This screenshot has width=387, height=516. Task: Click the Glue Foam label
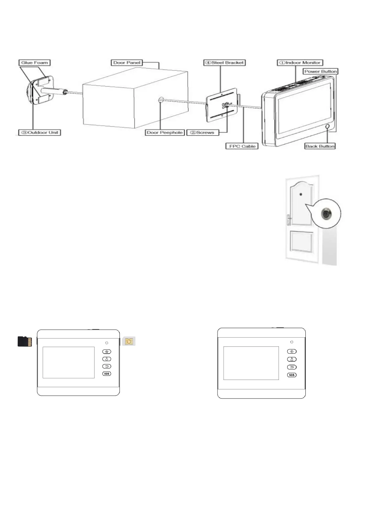pos(34,63)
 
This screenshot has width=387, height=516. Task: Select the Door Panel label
pos(127,63)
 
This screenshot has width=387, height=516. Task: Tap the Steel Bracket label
pos(224,63)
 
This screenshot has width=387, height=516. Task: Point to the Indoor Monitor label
pos(300,63)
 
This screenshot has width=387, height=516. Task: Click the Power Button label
pos(320,71)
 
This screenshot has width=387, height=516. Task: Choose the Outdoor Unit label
pos(40,132)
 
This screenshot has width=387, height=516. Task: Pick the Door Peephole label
pos(164,132)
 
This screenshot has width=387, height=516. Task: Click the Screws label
pos(203,132)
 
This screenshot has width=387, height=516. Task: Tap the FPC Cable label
pos(242,146)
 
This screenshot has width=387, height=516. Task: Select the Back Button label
pos(320,146)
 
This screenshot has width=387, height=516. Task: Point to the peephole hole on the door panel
pos(161,100)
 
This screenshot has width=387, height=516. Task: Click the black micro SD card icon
pos(25,341)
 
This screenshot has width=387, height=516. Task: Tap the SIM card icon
pos(129,341)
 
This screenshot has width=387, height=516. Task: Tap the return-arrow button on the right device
pos(292,367)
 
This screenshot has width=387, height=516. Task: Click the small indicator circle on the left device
pos(107,343)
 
